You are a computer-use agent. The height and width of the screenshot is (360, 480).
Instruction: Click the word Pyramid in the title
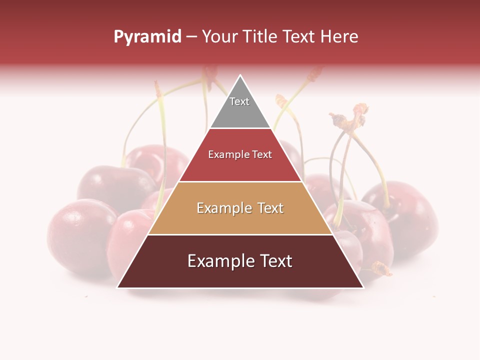coord(147,37)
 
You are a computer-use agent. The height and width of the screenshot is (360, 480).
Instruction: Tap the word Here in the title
coord(339,36)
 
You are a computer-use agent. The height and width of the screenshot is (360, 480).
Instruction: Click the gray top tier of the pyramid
coord(240,110)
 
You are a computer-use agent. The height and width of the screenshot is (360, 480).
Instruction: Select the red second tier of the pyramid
coord(240,167)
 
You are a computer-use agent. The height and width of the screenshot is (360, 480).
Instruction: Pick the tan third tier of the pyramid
coord(240,220)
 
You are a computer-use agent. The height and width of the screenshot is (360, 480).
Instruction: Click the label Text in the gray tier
coord(239,101)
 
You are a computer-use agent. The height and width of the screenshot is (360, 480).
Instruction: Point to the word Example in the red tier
coord(224,155)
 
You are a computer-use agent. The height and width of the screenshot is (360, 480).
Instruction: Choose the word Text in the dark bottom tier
coord(275,261)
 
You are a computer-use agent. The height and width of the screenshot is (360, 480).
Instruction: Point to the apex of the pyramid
coord(240,75)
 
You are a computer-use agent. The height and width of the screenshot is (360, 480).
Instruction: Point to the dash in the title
coord(191,37)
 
